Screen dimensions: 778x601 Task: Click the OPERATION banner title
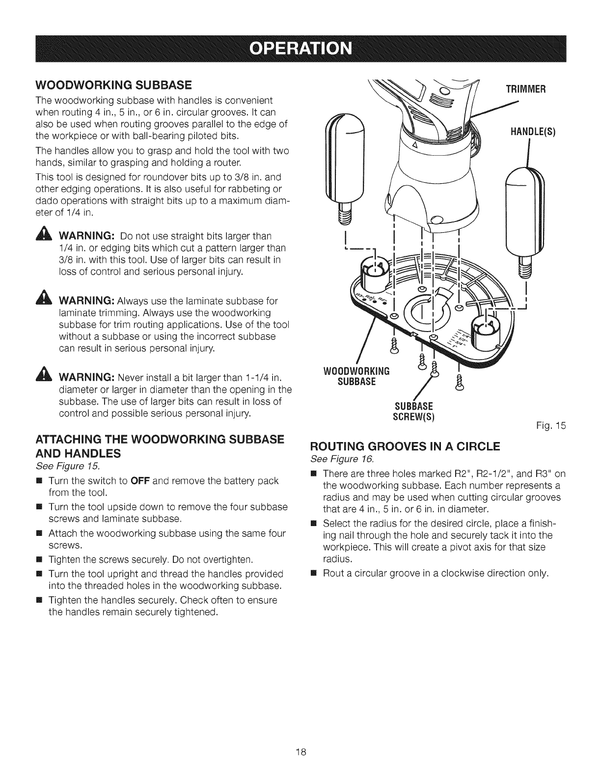300,50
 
